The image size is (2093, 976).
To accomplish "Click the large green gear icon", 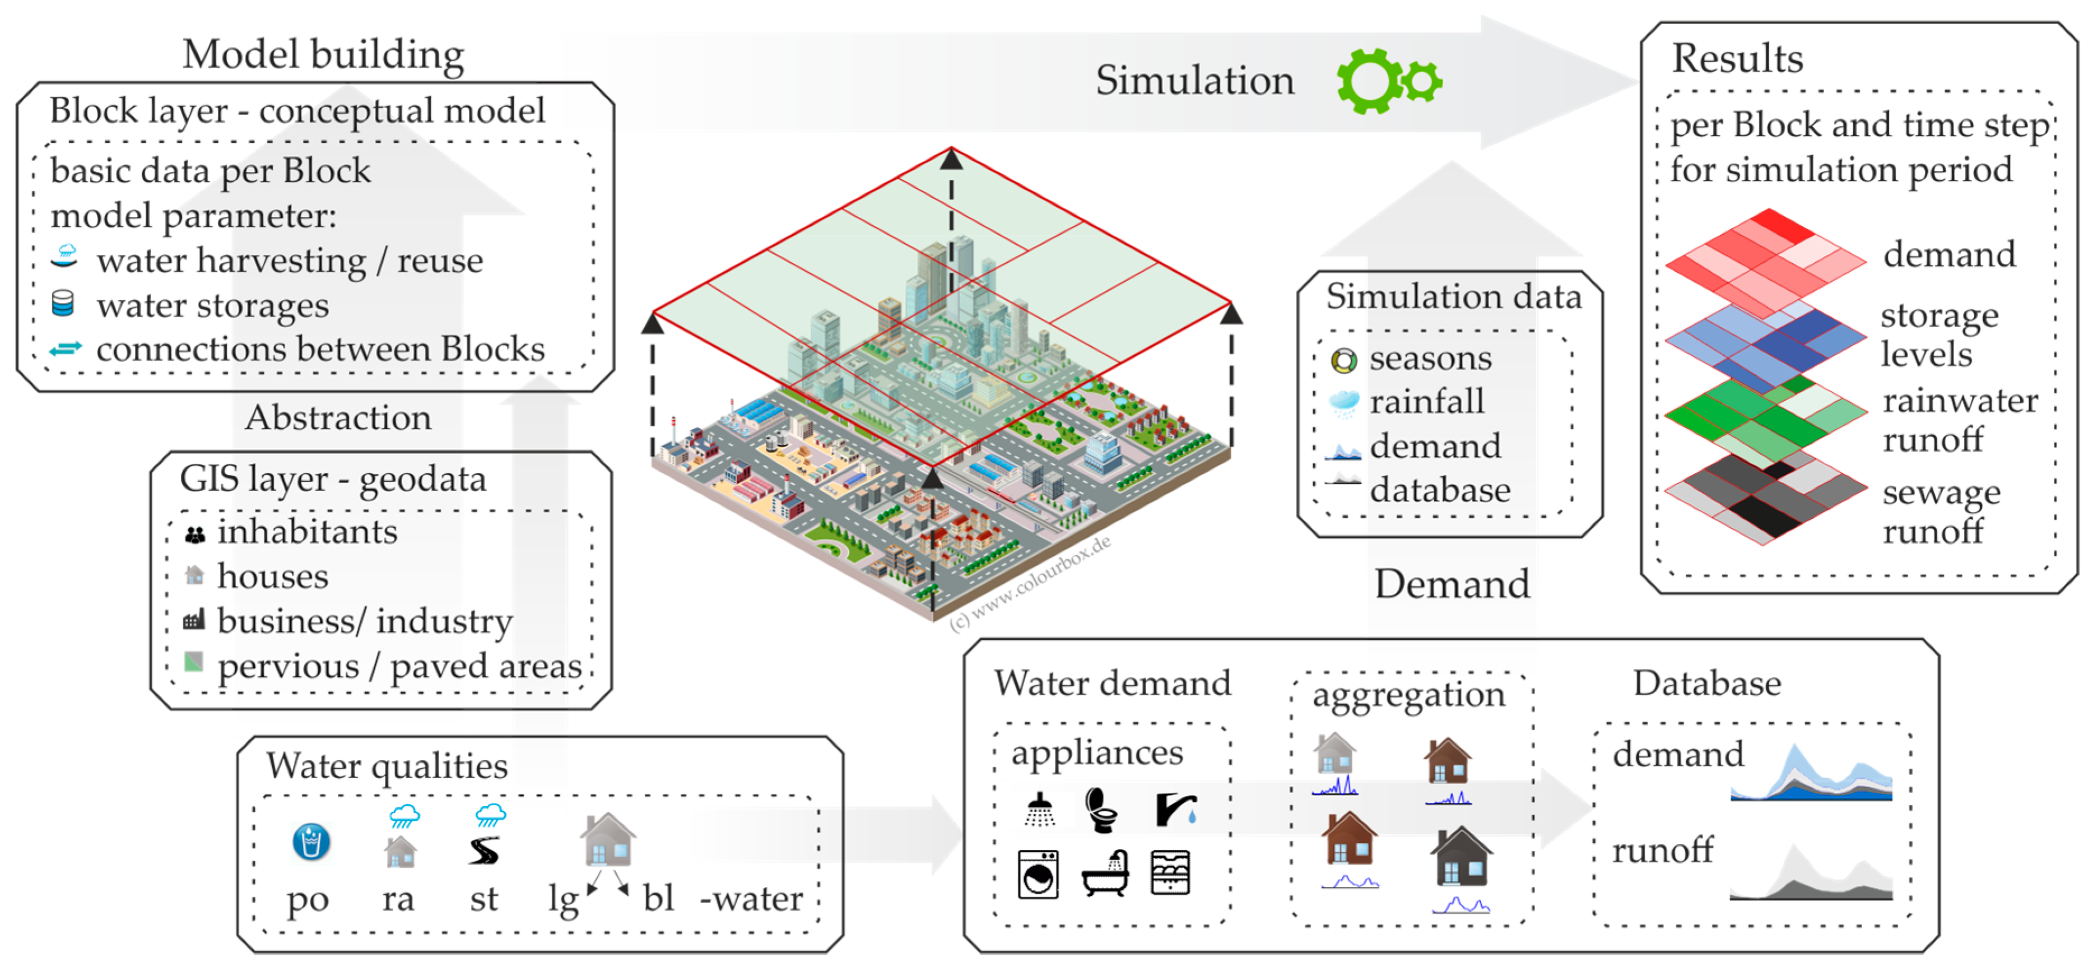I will tap(1370, 81).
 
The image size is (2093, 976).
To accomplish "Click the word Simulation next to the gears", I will tap(1194, 81).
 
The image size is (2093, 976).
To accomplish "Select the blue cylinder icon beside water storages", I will tap(63, 304).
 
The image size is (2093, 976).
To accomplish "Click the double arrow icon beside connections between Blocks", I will tap(65, 348).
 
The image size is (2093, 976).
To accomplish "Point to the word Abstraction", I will tap(338, 418).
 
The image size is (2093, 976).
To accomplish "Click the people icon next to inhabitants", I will tap(195, 535).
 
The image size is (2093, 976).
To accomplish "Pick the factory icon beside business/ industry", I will tap(194, 621).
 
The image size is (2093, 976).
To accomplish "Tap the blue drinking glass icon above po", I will tap(310, 841).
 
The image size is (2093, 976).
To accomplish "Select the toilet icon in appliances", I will tap(1102, 810).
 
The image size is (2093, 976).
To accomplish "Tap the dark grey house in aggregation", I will tap(1461, 857).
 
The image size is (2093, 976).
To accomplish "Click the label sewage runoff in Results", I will tap(1940, 512).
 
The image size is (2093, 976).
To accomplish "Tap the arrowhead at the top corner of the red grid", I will tap(951, 159).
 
